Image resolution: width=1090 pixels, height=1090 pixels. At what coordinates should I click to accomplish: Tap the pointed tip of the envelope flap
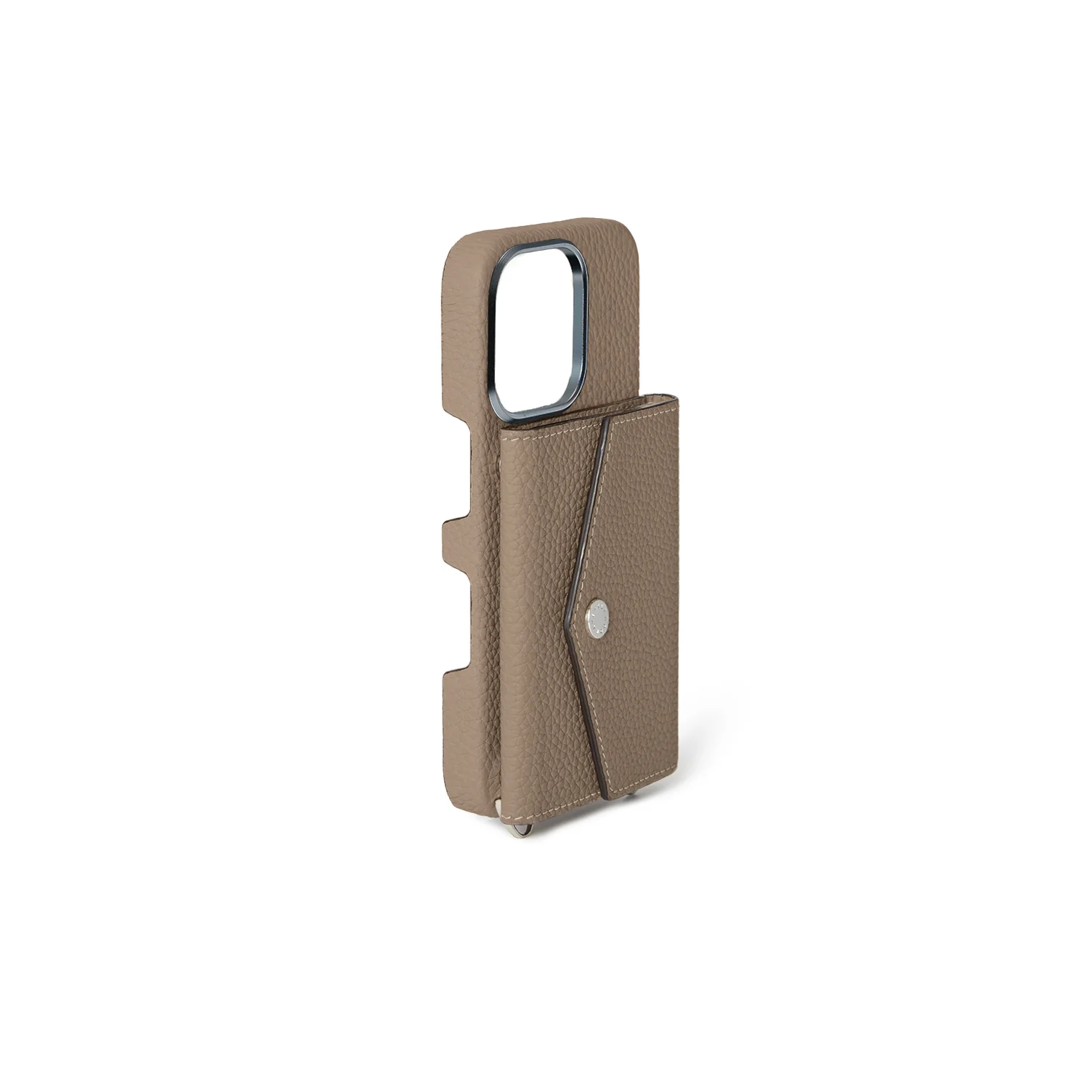pos(565,618)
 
